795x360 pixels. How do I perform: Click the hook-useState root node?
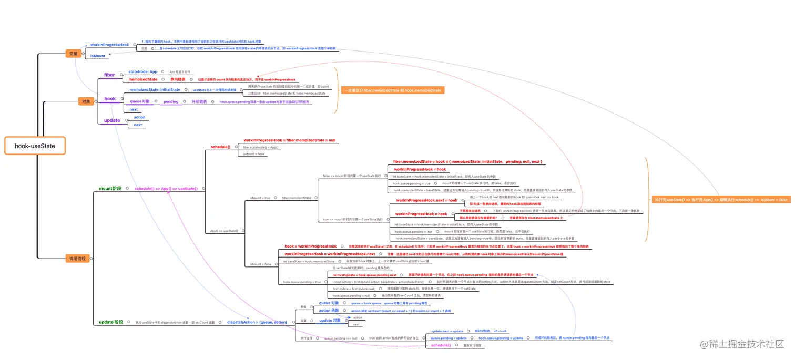pos(35,146)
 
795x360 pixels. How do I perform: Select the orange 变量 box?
pos(73,53)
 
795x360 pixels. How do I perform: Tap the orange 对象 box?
pos(85,101)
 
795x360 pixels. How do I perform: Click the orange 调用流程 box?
pos(77,258)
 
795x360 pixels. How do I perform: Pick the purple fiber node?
pos(109,75)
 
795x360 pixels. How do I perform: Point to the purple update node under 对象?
pos(111,120)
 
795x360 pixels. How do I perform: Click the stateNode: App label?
pos(142,71)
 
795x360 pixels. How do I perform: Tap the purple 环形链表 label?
pos(199,101)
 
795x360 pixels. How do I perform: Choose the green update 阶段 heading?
pos(110,322)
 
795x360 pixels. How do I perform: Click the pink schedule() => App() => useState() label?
pos(166,188)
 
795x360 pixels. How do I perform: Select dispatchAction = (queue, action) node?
pos(257,322)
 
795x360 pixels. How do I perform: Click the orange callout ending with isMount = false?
pos(720,200)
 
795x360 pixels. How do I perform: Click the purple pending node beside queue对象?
pos(171,101)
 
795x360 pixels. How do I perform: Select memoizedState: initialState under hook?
pos(155,90)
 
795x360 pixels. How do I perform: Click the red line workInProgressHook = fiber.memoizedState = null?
pos(289,141)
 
